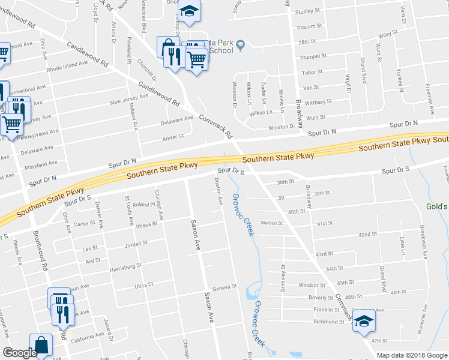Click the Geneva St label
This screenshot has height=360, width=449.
tap(222, 287)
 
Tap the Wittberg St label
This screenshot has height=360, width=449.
tap(318, 103)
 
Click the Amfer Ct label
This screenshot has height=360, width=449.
tap(173, 137)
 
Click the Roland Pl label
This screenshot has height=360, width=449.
tap(144, 205)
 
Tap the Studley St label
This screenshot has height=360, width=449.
tap(309, 11)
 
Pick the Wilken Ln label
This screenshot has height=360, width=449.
tap(261, 112)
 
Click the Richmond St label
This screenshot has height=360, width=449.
tap(329, 322)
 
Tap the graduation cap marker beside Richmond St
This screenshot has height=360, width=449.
tap(363, 320)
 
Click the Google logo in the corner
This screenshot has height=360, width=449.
tap(20, 353)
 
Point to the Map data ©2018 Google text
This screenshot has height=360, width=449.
tap(411, 355)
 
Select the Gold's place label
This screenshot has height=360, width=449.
tap(437, 206)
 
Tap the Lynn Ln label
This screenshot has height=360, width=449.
tap(402, 246)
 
